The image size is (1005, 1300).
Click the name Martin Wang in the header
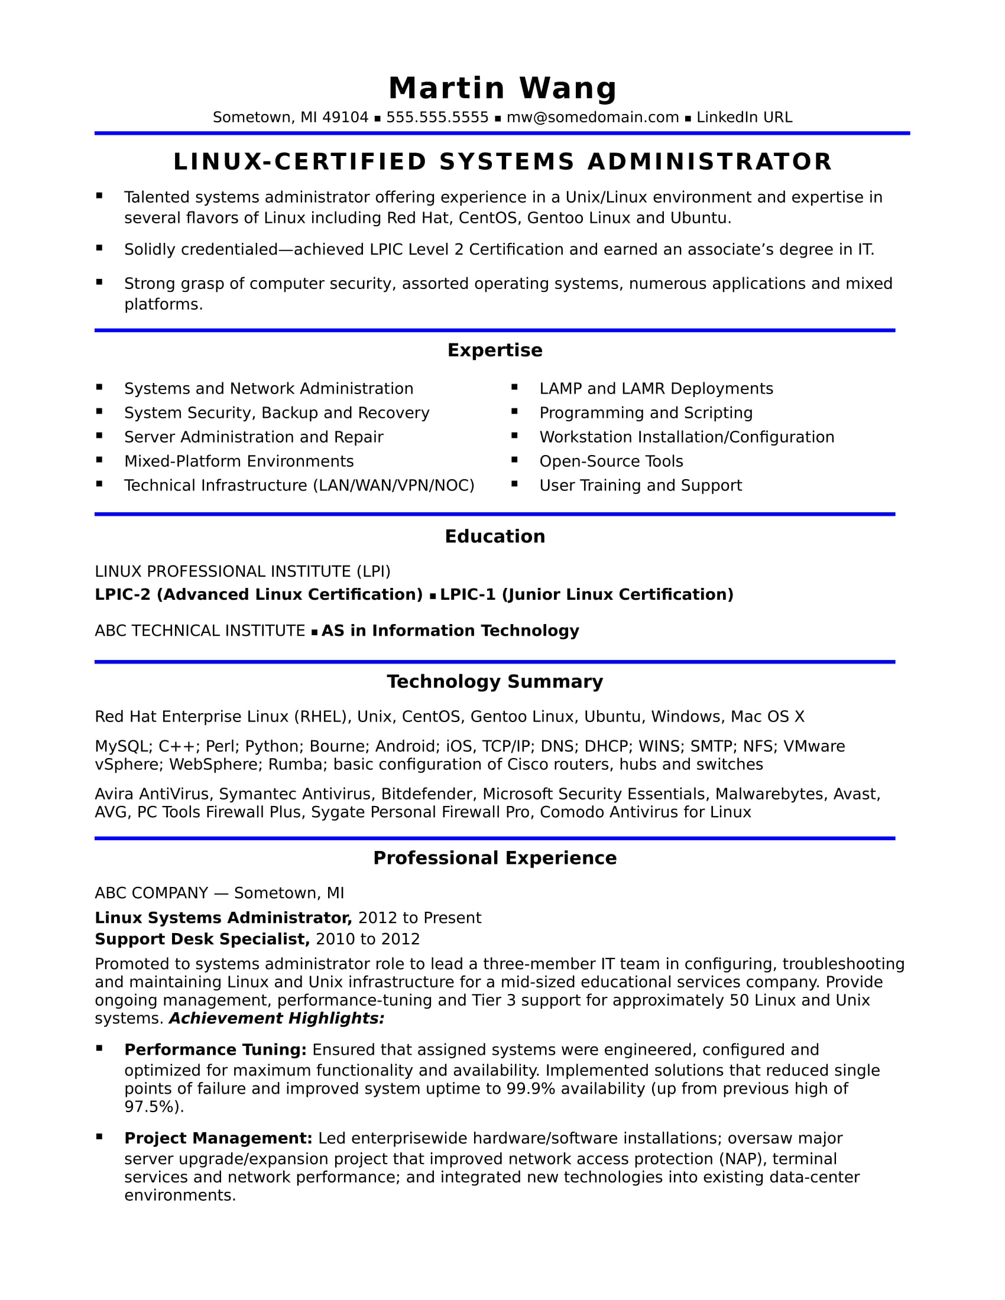tap(502, 88)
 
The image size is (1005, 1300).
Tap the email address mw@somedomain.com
tap(592, 117)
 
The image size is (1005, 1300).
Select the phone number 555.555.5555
tap(437, 117)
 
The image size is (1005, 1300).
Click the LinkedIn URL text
tap(744, 117)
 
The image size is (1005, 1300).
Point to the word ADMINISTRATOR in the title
tap(709, 162)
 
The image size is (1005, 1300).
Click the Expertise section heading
tap(495, 350)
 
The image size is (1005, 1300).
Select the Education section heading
tap(495, 537)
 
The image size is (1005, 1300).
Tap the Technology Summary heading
tap(495, 681)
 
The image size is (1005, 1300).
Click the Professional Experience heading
tap(495, 858)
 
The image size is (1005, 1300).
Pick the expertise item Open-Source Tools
tap(611, 461)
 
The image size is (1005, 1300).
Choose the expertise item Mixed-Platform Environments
tap(239, 461)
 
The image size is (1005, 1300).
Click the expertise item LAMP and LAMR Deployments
tap(656, 389)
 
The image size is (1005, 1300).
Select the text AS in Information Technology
tap(450, 630)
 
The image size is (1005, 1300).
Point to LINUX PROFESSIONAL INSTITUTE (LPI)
tap(242, 571)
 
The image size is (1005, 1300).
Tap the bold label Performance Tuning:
tap(215, 1049)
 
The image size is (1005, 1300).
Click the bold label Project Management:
tap(218, 1138)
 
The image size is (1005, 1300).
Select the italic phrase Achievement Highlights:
tap(277, 1019)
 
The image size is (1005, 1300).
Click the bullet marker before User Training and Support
tap(515, 484)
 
